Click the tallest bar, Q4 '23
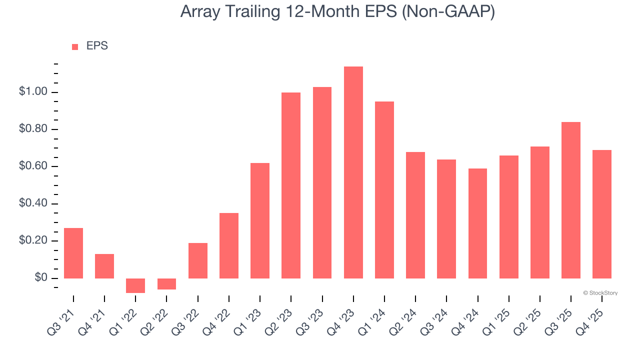[x=353, y=172]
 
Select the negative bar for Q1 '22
[x=135, y=285]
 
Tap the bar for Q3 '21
[x=73, y=253]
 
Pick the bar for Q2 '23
[x=291, y=185]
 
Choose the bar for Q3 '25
[x=571, y=200]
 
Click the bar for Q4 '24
[x=477, y=223]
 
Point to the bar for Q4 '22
[x=229, y=245]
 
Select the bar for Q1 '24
[x=384, y=190]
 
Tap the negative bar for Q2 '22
[x=166, y=284]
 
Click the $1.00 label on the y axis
[x=32, y=92]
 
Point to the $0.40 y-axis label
[x=32, y=204]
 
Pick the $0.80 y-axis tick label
[x=32, y=129]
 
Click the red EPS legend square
[x=75, y=46]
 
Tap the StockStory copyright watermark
[x=600, y=293]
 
